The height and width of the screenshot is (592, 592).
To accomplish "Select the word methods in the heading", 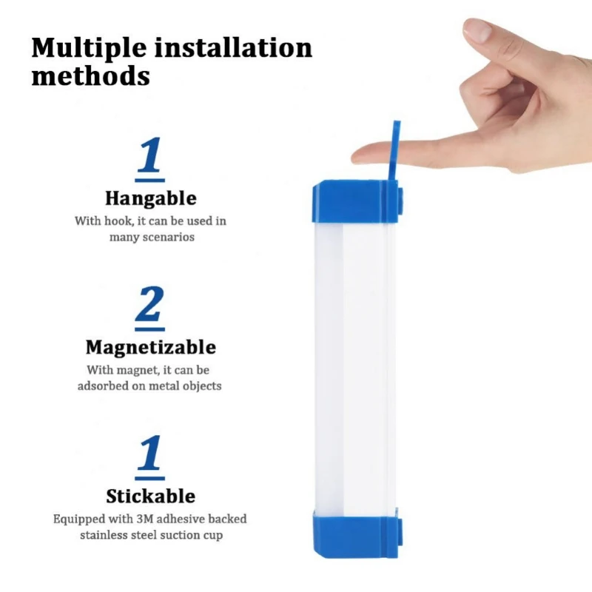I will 90,76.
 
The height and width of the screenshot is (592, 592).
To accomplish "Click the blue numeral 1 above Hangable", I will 150,156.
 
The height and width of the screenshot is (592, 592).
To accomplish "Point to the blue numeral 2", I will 150,306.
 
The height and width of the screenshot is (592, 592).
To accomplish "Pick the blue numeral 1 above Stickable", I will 150,454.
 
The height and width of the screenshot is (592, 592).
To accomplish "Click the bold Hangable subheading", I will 150,198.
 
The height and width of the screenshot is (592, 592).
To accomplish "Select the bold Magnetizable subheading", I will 150,347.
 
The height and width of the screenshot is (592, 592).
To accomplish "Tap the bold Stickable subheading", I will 150,496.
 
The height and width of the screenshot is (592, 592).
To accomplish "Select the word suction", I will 184,535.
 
